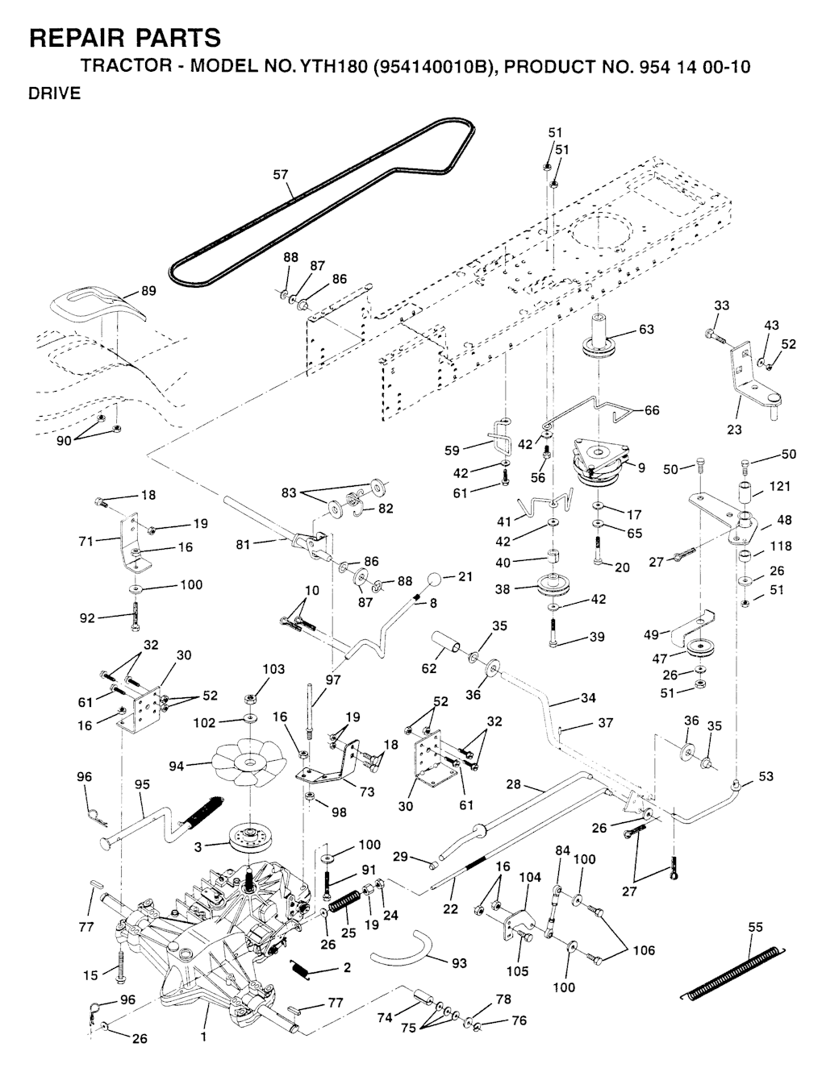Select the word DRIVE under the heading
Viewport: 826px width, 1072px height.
point(55,93)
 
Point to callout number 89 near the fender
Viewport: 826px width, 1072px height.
point(148,291)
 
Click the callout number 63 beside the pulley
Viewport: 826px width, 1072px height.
point(646,329)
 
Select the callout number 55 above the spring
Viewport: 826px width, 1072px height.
point(755,928)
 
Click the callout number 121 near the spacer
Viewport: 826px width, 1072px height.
point(780,486)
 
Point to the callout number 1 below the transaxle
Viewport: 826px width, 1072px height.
point(203,1037)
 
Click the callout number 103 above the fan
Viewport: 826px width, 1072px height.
point(273,670)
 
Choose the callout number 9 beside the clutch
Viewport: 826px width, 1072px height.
point(641,467)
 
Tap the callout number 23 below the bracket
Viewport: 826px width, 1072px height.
point(734,430)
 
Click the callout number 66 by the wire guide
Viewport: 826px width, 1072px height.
point(651,410)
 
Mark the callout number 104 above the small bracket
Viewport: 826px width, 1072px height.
point(530,877)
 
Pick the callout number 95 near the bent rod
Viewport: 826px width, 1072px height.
point(142,784)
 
